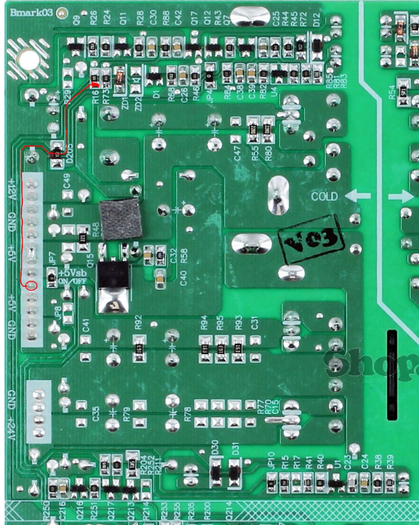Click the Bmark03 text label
pos(31,12)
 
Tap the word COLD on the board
pos(325,197)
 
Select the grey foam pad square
pos(121,219)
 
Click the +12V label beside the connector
pos(11,188)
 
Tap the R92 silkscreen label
pos(138,322)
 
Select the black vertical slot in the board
pos(392,375)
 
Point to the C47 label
pos(238,153)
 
